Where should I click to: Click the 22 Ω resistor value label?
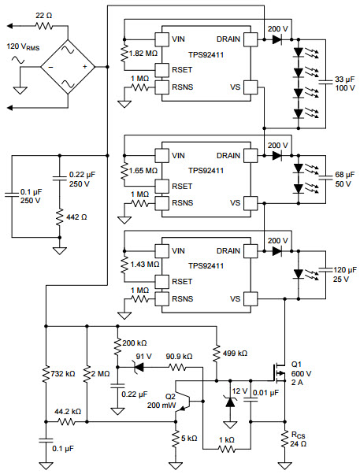click(44, 16)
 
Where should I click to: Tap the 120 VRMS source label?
click(23, 47)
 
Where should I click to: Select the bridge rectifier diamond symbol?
click(68, 67)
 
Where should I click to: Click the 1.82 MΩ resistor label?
click(143, 54)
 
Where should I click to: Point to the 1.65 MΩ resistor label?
click(143, 171)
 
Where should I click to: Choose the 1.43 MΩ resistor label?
click(145, 265)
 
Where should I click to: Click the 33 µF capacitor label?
click(344, 84)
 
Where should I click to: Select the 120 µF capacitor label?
click(345, 275)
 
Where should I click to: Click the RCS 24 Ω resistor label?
click(298, 439)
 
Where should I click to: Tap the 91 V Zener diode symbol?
click(139, 367)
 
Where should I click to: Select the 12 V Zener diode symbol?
click(230, 402)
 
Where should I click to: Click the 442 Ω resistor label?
click(76, 217)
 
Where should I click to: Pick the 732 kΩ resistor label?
click(62, 374)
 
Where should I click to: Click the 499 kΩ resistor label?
click(235, 354)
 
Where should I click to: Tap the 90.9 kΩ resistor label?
click(179, 357)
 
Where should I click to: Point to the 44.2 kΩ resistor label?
click(68, 412)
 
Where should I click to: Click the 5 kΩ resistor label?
click(189, 439)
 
